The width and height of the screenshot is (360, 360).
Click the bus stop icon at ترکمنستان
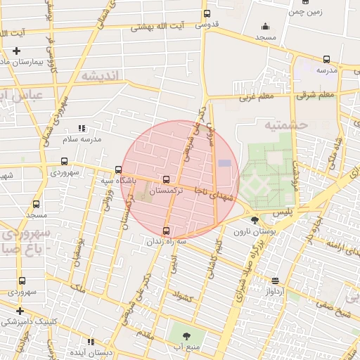pos(166,179)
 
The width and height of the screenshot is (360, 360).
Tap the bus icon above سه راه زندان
pos(167,230)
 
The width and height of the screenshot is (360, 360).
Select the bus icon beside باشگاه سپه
pos(118,169)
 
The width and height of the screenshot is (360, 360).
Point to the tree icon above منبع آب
pos(187,336)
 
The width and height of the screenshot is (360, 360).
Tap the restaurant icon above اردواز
pos(275,280)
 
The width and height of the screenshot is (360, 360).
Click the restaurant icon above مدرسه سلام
pos(82,128)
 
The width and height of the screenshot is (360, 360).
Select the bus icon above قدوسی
pos(206,13)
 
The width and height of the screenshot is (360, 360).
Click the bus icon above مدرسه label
pos(326,60)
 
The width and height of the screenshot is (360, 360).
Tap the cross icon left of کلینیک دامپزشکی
pos(20,310)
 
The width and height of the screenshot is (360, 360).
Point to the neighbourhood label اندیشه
pos(98,76)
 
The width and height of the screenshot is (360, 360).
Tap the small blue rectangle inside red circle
pos(224,163)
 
